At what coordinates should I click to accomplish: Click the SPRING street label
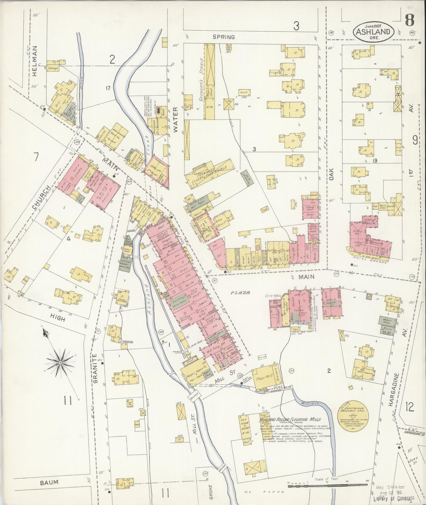(224, 37)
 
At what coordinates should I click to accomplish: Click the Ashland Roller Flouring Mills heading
(290, 419)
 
